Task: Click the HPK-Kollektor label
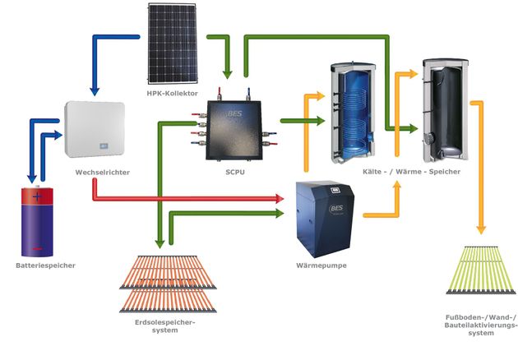(172, 94)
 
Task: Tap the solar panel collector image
(173, 44)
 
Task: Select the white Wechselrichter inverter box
(95, 129)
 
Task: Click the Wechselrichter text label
(103, 173)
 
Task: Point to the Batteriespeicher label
(45, 265)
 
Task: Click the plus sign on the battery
(37, 196)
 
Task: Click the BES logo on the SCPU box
(235, 114)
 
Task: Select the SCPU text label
(235, 172)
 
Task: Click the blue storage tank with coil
(354, 113)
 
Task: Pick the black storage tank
(446, 110)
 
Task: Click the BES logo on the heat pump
(336, 209)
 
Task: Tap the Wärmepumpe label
(321, 265)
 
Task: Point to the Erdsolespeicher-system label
(164, 326)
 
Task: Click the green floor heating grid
(481, 270)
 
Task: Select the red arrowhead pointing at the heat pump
(280, 199)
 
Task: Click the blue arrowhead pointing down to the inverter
(95, 91)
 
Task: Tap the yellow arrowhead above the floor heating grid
(481, 229)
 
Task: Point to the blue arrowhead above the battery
(32, 178)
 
